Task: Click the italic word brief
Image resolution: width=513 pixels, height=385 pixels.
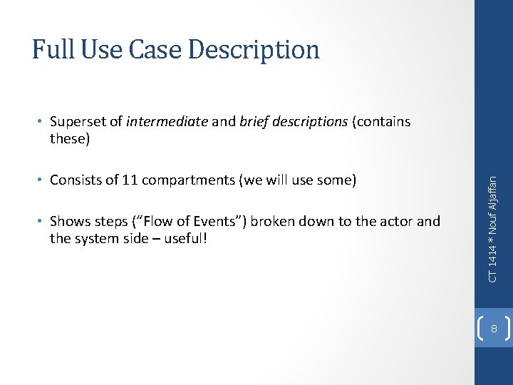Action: click(254, 122)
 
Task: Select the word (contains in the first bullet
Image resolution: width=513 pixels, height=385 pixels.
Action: click(383, 122)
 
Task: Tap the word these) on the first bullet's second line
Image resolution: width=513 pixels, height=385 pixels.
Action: click(70, 138)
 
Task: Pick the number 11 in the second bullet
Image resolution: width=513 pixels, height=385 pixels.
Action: click(129, 180)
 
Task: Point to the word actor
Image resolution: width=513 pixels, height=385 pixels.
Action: click(394, 222)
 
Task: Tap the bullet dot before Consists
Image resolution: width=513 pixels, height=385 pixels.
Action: click(41, 180)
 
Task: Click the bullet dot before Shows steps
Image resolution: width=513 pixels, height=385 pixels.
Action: click(41, 222)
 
